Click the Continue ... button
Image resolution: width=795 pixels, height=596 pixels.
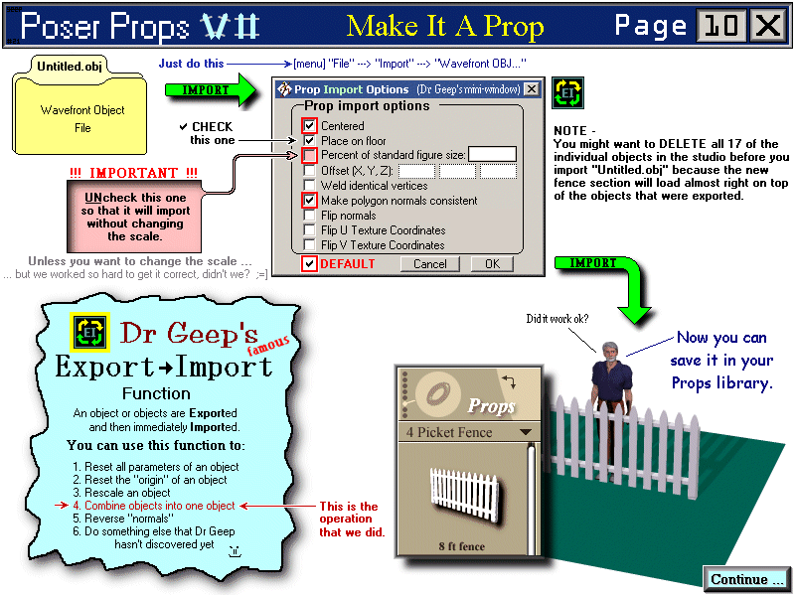pyautogui.click(x=747, y=579)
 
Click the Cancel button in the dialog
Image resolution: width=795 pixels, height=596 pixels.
pyautogui.click(x=429, y=264)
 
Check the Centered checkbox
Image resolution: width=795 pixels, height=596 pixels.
pyautogui.click(x=310, y=126)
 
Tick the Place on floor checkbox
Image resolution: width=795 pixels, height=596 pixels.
pyautogui.click(x=310, y=141)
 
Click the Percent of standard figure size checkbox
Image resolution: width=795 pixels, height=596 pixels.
pyautogui.click(x=310, y=156)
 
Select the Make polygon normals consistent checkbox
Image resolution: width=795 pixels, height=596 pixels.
pyautogui.click(x=310, y=201)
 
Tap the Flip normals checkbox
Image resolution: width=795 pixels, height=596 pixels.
pyautogui.click(x=310, y=216)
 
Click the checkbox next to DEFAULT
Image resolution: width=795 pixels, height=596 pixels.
pyautogui.click(x=310, y=264)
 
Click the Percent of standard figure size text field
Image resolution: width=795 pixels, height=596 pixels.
pyautogui.click(x=492, y=154)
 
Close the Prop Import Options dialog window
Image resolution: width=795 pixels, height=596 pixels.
pyautogui.click(x=532, y=89)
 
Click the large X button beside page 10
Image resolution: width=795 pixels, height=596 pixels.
pyautogui.click(x=768, y=25)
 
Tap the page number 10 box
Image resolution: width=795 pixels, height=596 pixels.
pyautogui.click(x=722, y=25)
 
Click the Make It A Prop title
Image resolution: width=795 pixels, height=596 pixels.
pyautogui.click(x=445, y=26)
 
